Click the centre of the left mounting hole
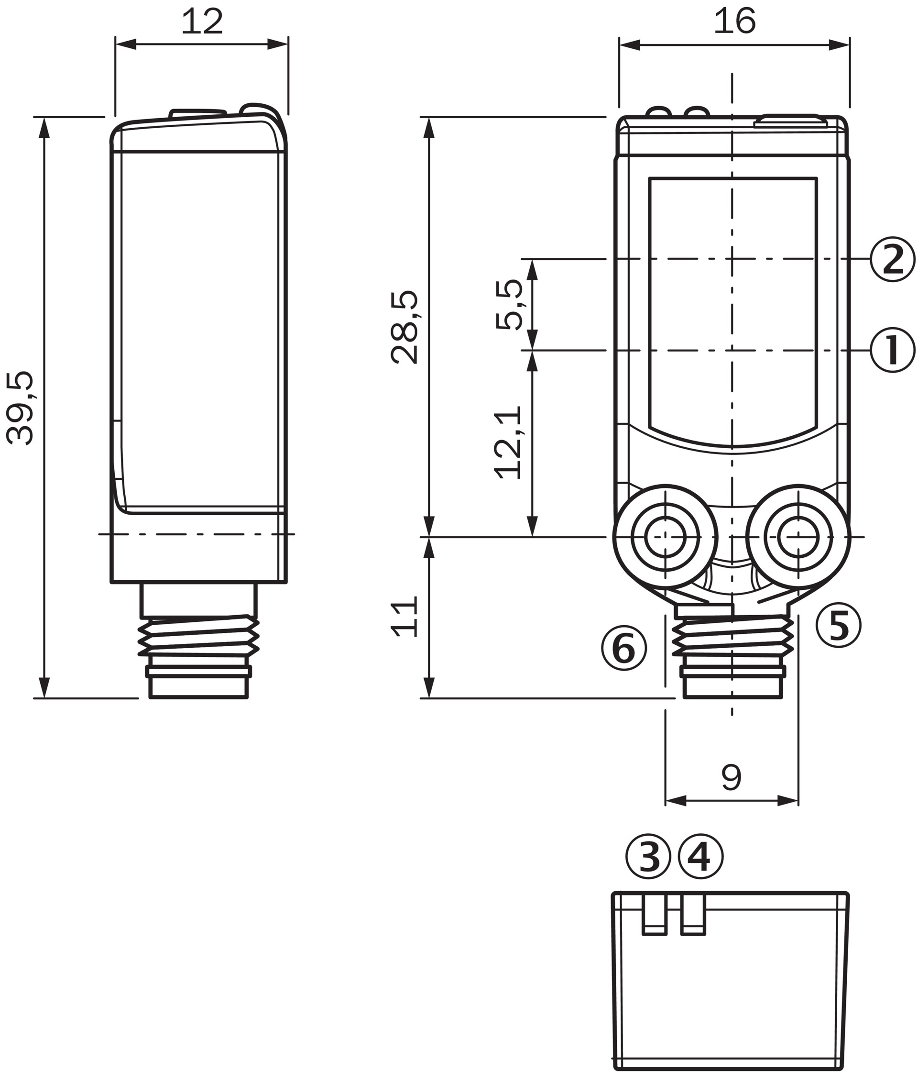click(665, 537)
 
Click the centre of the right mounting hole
click(798, 537)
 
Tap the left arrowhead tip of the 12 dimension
click(115, 44)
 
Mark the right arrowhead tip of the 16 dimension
click(849, 44)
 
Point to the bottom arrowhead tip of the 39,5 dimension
click(44, 698)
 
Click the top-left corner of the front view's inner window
click(650, 178)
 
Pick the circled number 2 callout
click(893, 259)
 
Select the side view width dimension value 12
click(202, 22)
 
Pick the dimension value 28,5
click(404, 328)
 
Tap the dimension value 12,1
click(508, 442)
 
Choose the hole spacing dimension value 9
click(732, 777)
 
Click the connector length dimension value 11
click(404, 617)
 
